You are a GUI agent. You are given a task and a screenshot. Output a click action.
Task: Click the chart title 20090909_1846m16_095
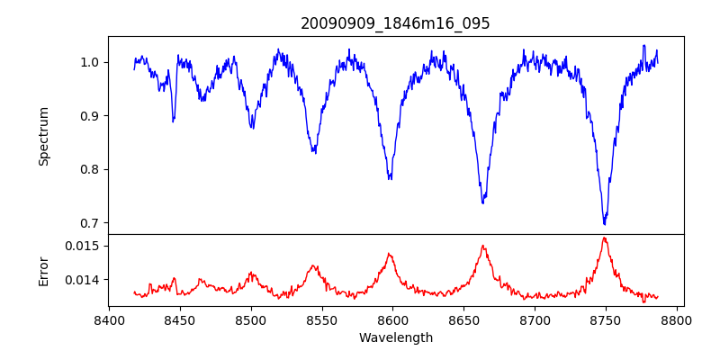point(395,23)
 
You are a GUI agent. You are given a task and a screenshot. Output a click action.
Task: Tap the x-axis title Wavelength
point(395,337)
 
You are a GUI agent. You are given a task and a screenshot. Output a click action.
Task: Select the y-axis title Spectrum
point(43,136)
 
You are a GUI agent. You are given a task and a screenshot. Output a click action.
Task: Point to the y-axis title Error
point(43,270)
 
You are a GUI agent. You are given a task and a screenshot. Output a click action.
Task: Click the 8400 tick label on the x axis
point(109,319)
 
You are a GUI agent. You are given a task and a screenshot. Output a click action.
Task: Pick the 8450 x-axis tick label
point(180,319)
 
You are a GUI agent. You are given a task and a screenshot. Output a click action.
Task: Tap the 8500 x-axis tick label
point(251,319)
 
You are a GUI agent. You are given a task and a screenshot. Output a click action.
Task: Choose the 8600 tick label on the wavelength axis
point(393,319)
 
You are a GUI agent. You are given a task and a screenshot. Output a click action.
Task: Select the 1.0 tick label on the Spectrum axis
point(90,62)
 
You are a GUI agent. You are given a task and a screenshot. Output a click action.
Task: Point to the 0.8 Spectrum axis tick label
point(90,169)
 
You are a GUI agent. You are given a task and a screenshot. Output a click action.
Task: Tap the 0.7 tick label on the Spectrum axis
point(90,223)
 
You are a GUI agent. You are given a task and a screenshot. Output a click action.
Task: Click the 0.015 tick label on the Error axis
point(84,246)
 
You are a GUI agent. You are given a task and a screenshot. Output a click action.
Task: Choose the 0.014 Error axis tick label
point(84,280)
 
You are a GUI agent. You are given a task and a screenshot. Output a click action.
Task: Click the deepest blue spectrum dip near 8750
point(605,223)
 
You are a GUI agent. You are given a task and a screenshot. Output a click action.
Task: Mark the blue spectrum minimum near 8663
point(482,202)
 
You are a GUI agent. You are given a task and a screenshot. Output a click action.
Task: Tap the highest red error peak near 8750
point(605,238)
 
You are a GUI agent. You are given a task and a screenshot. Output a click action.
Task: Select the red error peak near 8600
point(391,254)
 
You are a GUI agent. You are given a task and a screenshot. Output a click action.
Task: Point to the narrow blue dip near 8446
point(173,120)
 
